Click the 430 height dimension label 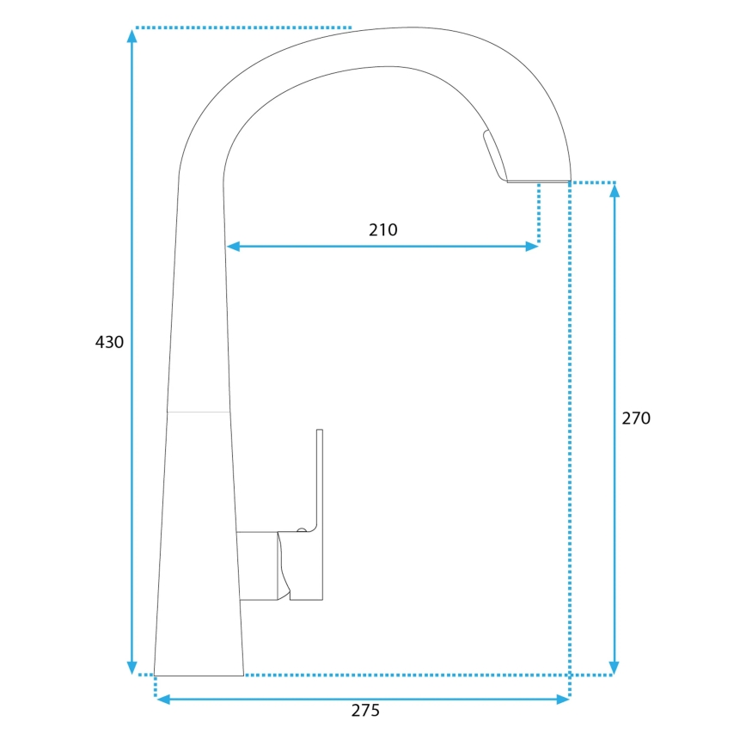(x=109, y=342)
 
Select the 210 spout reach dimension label (x=383, y=229)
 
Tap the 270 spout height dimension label (x=636, y=419)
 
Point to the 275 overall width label (x=365, y=710)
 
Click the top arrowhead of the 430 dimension (x=131, y=35)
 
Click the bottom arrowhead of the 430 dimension (x=131, y=668)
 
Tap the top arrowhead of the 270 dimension (x=614, y=190)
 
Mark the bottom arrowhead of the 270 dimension (x=614, y=668)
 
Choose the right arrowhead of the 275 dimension (x=563, y=700)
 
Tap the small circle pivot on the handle (x=301, y=530)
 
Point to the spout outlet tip (x=538, y=181)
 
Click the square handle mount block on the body (x=257, y=566)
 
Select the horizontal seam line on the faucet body (x=199, y=413)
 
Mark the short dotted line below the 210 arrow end (x=539, y=215)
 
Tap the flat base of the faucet (x=199, y=675)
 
